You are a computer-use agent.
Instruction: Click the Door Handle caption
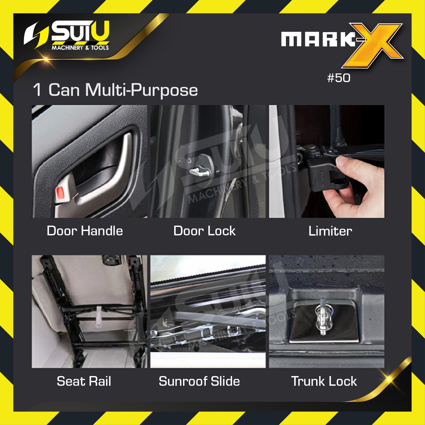(85, 231)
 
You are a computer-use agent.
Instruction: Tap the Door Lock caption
(204, 231)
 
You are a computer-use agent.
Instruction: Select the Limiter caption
(330, 231)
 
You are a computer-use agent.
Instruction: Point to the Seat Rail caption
(84, 381)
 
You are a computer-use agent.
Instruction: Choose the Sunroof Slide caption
(199, 381)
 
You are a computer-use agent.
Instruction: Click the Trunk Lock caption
(324, 381)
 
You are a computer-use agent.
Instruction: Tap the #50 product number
(339, 78)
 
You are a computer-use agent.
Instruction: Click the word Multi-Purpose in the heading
(141, 91)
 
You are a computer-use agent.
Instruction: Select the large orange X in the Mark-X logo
(373, 45)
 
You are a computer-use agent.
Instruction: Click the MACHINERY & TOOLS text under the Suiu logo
(80, 48)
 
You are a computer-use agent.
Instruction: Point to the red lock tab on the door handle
(60, 193)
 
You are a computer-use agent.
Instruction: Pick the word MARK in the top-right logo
(319, 39)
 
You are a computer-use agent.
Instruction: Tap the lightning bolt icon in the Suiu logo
(36, 35)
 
